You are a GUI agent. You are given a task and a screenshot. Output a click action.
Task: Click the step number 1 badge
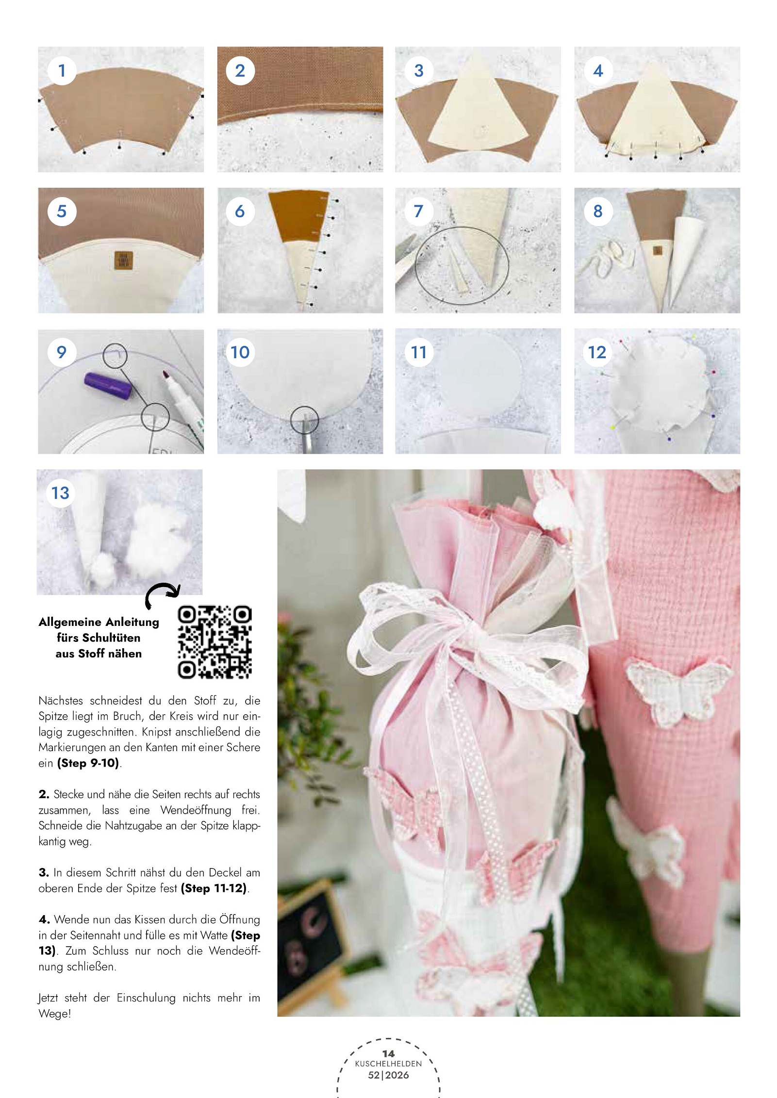62,71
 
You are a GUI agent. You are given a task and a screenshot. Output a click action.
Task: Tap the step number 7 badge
418,212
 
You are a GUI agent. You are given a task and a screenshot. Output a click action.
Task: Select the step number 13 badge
61,493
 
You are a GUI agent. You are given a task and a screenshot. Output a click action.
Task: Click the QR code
215,641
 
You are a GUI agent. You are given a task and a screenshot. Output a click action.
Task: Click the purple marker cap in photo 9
107,386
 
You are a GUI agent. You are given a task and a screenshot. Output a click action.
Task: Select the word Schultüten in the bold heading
99,638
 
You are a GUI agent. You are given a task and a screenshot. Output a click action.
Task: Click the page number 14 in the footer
388,1053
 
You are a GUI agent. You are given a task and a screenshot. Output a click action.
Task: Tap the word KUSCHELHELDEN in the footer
388,1064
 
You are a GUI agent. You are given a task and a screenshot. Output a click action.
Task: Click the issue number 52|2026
388,1075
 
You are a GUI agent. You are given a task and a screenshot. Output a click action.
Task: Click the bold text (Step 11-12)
214,888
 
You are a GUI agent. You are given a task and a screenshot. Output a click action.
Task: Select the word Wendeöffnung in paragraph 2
196,810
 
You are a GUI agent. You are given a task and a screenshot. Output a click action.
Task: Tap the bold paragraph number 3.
44,873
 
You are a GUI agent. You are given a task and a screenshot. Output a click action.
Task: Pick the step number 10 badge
240,352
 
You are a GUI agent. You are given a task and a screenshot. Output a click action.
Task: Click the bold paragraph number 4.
44,919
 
